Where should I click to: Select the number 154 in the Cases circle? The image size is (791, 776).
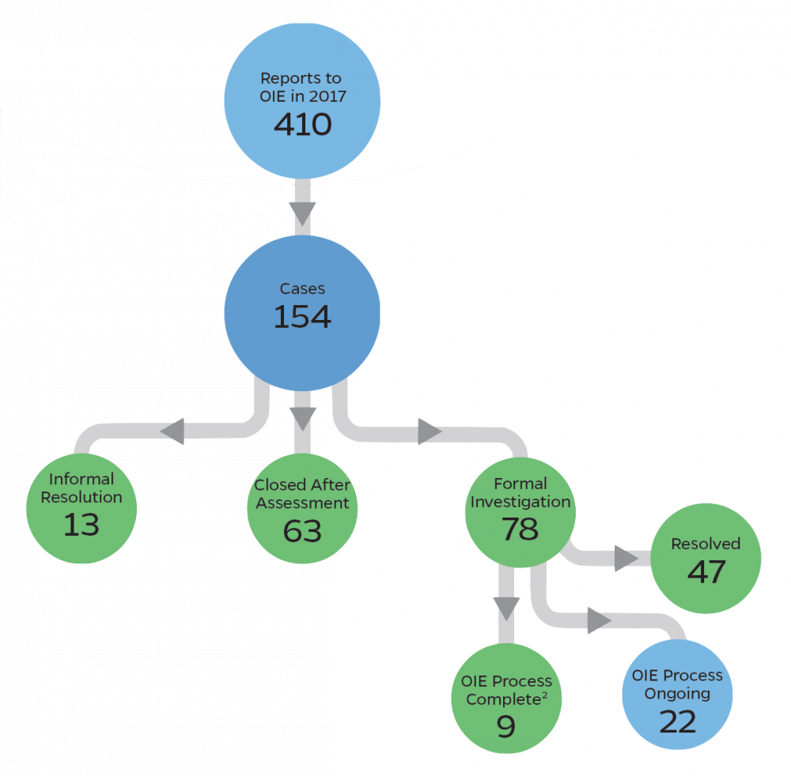coord(302,316)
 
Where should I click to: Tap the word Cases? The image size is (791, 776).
coord(302,288)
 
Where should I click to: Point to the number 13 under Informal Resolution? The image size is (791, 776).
coord(81,524)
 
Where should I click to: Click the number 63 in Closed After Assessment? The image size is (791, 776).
coord(302,530)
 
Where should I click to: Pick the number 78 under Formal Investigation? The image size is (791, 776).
coord(520,529)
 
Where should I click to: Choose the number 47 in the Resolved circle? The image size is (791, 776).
coord(706,571)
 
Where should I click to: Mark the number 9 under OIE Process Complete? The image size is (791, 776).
coord(505,725)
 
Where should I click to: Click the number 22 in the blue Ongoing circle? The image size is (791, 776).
coord(677,721)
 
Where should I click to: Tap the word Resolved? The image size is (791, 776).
coord(706,544)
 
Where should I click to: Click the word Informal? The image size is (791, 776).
coord(81,479)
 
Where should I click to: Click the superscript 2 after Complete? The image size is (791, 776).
coord(548,695)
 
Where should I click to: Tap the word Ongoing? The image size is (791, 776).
coord(677,694)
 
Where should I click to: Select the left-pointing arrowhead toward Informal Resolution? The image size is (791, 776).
coord(172,431)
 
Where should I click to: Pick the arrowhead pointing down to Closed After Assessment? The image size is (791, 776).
coord(302,418)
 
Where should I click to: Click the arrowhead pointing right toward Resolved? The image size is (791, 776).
coord(626,559)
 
